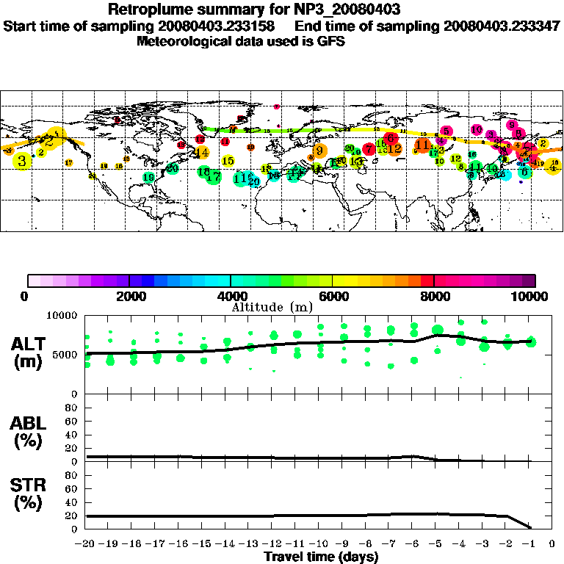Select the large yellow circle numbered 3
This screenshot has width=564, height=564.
[x=23, y=161]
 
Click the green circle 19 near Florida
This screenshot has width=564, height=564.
[x=149, y=177]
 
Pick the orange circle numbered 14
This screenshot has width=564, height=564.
[x=202, y=153]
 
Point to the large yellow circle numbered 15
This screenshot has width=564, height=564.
[x=228, y=161]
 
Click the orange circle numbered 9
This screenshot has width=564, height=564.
[x=320, y=151]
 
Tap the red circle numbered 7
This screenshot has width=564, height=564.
[x=369, y=149]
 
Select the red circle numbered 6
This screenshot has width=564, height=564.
[x=391, y=138]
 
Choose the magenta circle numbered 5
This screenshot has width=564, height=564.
[x=446, y=131]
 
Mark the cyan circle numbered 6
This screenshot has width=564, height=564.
[x=524, y=172]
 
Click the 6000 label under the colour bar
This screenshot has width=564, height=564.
[x=333, y=296]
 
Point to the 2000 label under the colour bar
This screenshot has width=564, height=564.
[x=129, y=296]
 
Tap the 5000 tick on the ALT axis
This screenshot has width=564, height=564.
[x=65, y=355]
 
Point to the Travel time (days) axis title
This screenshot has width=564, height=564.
[x=321, y=557]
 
